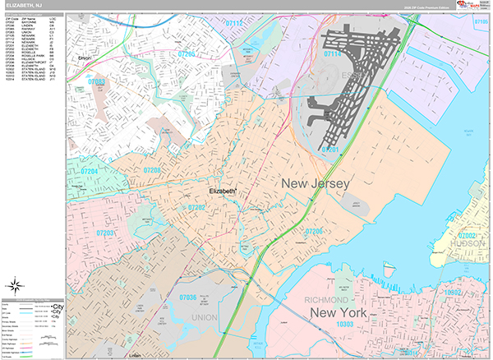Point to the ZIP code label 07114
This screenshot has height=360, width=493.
click(x=332, y=53)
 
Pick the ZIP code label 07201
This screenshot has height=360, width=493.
click(x=329, y=150)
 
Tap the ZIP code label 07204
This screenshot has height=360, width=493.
click(x=89, y=171)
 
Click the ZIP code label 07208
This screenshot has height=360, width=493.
click(x=153, y=170)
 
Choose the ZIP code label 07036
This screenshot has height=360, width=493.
click(x=188, y=297)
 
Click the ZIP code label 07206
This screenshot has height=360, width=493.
click(x=313, y=232)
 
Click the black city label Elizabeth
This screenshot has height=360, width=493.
click(x=223, y=191)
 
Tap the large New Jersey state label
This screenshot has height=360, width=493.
click(x=316, y=183)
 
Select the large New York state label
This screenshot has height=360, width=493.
click(x=336, y=313)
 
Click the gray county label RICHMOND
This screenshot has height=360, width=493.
click(x=329, y=299)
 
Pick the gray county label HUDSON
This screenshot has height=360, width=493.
click(x=470, y=244)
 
